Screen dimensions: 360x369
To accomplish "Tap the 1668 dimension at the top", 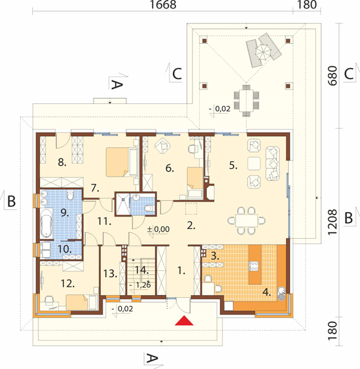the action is (163, 5).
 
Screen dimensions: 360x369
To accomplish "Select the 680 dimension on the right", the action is (333, 75).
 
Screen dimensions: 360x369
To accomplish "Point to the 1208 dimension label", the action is (333, 222).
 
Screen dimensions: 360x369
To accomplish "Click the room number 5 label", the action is (233, 166).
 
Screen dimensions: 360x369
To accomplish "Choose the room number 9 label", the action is (65, 213).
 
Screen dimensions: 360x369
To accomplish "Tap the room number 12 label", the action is (68, 283).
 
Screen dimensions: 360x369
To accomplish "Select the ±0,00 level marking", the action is (158, 229).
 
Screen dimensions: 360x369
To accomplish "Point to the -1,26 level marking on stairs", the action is (140, 285).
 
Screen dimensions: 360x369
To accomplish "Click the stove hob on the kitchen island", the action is (254, 266).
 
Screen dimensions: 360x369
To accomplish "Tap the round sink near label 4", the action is (281, 293).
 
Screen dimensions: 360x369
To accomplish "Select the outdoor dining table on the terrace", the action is (246, 101).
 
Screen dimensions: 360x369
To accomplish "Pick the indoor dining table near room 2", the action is (247, 220).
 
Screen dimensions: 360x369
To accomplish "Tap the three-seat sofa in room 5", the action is (273, 164).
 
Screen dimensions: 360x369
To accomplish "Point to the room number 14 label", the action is (142, 270).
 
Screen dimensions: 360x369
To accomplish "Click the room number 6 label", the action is (170, 168).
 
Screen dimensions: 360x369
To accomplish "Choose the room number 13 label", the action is (110, 273).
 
